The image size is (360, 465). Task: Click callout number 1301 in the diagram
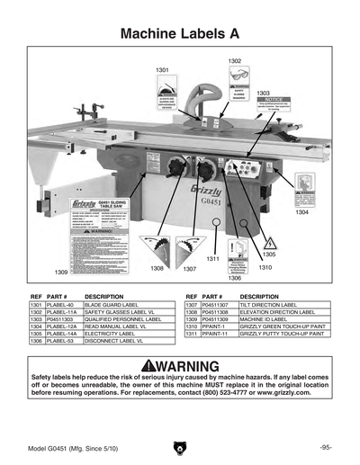162,69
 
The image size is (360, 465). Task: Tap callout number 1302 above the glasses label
234,60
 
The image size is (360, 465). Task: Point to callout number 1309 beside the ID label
61,271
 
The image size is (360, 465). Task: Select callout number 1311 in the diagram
213,259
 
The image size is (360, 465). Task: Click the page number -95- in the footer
326,447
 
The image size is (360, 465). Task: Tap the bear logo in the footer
180,447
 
